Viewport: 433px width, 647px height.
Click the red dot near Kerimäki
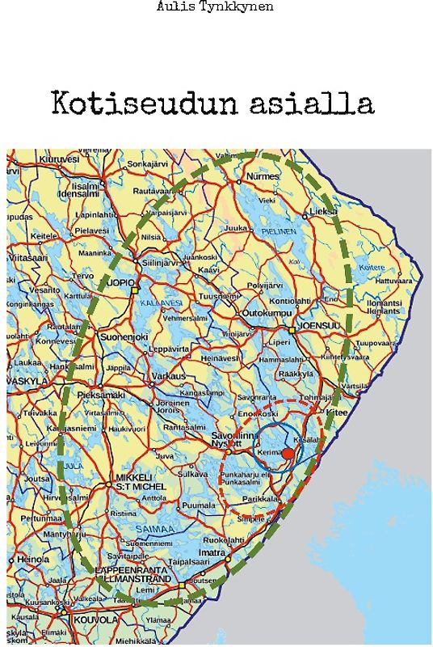(x=288, y=453)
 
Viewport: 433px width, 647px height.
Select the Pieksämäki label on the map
(x=101, y=395)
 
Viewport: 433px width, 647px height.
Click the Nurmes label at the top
(x=263, y=175)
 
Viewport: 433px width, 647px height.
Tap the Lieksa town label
(x=322, y=211)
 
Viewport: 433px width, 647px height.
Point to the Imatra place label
(x=212, y=552)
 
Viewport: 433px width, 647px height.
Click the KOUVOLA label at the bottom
(x=95, y=620)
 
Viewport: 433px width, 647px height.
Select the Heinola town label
(x=34, y=559)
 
